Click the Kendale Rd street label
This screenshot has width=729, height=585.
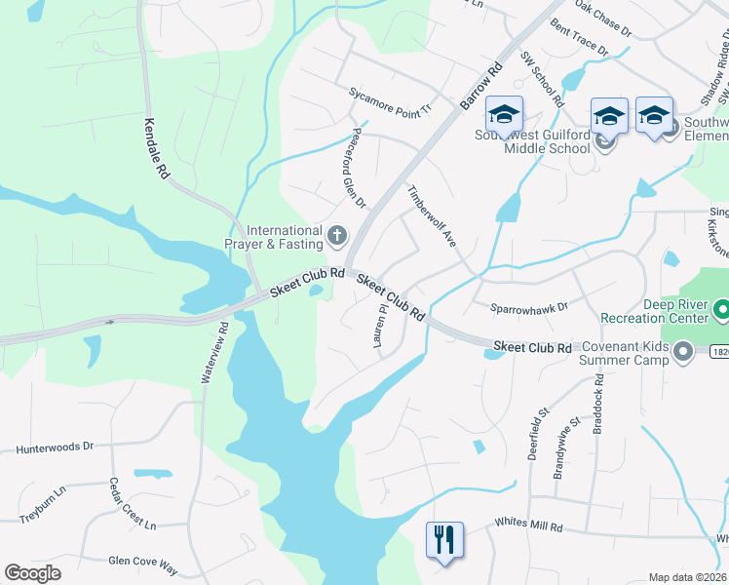click(156, 147)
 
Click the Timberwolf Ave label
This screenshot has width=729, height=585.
click(432, 215)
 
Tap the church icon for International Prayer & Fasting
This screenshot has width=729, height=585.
click(337, 235)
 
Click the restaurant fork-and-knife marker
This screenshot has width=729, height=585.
click(443, 538)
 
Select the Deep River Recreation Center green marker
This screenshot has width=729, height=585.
click(721, 311)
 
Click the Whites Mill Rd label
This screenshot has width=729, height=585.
click(529, 526)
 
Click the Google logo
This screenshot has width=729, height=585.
click(32, 573)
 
